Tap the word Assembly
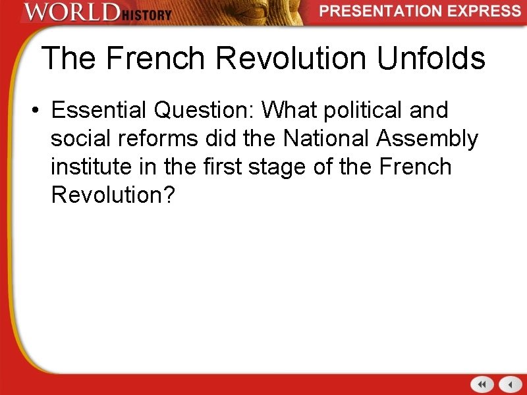(429, 139)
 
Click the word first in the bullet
(221, 167)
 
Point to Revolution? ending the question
(113, 195)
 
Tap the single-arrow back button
(510, 384)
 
